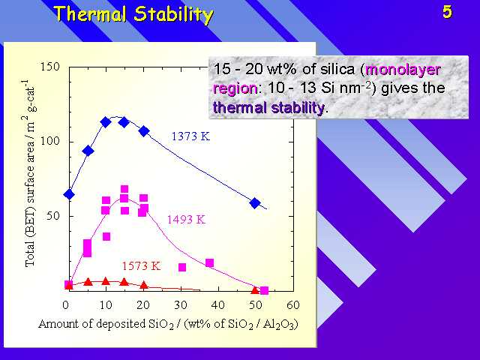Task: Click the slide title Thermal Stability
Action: click(133, 14)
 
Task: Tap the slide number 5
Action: click(447, 12)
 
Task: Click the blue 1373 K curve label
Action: click(190, 136)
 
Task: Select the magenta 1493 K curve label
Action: click(186, 220)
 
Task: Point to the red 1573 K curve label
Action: click(141, 265)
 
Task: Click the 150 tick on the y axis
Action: click(50, 67)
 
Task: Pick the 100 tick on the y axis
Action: click(50, 142)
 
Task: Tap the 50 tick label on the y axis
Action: click(53, 216)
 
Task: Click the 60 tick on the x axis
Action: click(293, 305)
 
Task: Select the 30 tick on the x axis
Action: click(181, 305)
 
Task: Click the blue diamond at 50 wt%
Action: click(255, 203)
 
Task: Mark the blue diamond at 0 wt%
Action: click(69, 194)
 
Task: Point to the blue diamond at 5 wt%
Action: click(88, 151)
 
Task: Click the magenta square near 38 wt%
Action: click(209, 263)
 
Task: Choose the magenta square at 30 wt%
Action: click(182, 267)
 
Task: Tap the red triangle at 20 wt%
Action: click(144, 285)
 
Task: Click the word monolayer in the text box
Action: click(403, 70)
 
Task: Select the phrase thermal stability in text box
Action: click(268, 108)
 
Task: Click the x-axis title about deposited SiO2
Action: click(168, 324)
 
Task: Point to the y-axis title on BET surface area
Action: click(30, 173)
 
